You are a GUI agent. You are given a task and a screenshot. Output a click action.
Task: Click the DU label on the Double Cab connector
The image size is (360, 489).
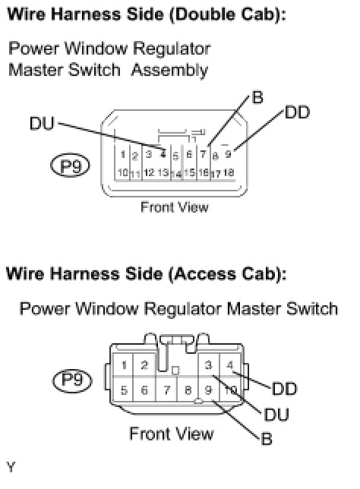pyautogui.click(x=42, y=124)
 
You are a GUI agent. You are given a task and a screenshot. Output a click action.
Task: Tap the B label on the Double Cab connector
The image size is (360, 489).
pyautogui.click(x=257, y=97)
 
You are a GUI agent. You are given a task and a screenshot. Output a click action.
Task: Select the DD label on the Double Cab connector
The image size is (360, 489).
pyautogui.click(x=297, y=112)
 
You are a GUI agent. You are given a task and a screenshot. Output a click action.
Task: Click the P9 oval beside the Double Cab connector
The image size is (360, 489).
pyautogui.click(x=70, y=166)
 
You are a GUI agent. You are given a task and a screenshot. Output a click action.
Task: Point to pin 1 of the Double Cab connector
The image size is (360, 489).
pyautogui.click(x=123, y=154)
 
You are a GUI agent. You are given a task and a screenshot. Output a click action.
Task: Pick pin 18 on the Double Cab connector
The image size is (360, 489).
pyautogui.click(x=229, y=172)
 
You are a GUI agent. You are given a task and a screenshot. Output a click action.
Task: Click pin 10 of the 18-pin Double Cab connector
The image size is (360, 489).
pyautogui.click(x=123, y=172)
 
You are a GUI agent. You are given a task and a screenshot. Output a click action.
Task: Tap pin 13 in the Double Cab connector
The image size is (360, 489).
pyautogui.click(x=163, y=172)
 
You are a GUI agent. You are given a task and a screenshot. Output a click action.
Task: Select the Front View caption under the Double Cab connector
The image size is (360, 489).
pyautogui.click(x=175, y=207)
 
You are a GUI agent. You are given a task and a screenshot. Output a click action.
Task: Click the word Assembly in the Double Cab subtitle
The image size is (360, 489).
pyautogui.click(x=169, y=70)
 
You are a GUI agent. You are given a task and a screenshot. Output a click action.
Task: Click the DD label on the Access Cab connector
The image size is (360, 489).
pyautogui.click(x=285, y=389)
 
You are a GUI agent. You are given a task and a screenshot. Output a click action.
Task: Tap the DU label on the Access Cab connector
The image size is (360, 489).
pyautogui.click(x=276, y=415)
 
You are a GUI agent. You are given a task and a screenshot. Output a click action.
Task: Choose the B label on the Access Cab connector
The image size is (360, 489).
pyautogui.click(x=267, y=439)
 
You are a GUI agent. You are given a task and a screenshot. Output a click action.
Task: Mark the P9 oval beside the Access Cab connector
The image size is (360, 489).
pyautogui.click(x=72, y=380)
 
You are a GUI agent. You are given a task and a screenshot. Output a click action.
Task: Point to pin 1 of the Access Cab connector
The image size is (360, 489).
pyautogui.click(x=124, y=365)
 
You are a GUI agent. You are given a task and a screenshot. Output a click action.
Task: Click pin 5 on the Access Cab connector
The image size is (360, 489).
pyautogui.click(x=124, y=390)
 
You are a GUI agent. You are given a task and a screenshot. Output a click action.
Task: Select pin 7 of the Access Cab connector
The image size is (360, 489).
pyautogui.click(x=167, y=390)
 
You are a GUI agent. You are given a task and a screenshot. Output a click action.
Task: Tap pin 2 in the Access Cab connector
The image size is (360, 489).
pyautogui.click(x=144, y=365)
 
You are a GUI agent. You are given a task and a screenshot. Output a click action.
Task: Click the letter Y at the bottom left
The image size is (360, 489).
pyautogui.click(x=11, y=467)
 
